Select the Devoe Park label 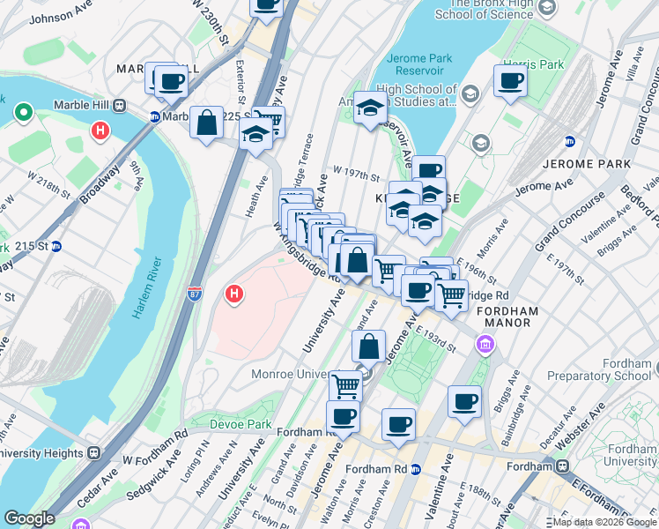(240, 424)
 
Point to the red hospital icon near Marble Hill (100, 132)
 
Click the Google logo (29, 518)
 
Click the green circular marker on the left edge (22, 114)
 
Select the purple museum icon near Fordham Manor (485, 343)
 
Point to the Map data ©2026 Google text (603, 521)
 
